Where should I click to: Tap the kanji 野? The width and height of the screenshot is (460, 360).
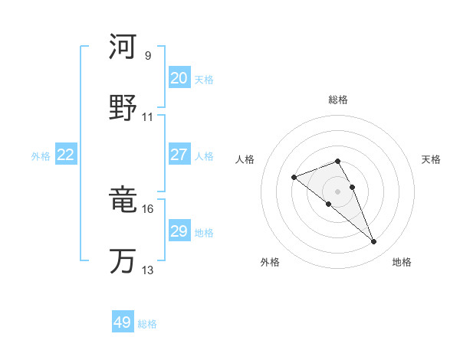(x=123, y=108)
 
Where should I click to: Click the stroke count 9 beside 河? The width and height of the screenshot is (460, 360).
(x=147, y=56)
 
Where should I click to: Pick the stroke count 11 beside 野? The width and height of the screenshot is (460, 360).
(x=148, y=117)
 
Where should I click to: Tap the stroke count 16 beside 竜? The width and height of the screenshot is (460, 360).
(x=148, y=209)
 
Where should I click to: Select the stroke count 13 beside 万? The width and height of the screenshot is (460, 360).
(x=148, y=270)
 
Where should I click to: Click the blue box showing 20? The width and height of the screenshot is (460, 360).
(x=179, y=78)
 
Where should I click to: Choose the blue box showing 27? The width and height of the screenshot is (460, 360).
(x=179, y=155)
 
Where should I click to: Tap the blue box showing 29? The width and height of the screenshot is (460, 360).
(x=179, y=231)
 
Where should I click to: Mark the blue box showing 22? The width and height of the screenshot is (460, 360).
(x=66, y=155)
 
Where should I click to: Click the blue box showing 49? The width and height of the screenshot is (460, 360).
(x=123, y=322)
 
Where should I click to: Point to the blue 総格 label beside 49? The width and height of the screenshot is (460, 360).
(x=148, y=324)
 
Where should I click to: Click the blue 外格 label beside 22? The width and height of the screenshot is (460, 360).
(x=41, y=156)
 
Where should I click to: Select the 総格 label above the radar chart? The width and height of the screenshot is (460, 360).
(x=338, y=100)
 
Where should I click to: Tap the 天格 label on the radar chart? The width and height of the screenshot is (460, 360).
(x=432, y=159)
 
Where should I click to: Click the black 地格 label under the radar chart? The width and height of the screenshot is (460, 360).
(x=402, y=262)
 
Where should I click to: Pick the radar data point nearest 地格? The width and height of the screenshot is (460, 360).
(x=373, y=242)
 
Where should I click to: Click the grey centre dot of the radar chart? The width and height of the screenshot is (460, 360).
(x=338, y=191)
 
